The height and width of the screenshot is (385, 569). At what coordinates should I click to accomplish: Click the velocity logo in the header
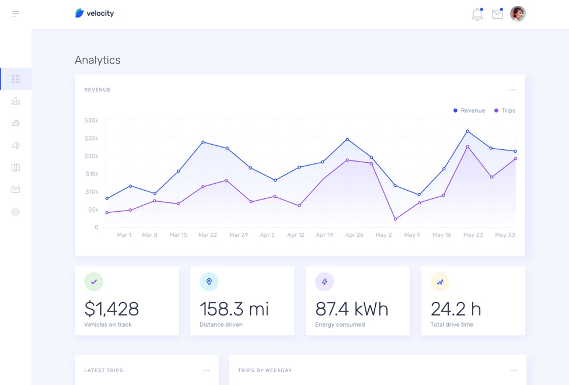95,13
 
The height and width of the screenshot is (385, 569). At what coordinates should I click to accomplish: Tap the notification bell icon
477,15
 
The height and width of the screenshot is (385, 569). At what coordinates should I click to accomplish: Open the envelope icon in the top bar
497,15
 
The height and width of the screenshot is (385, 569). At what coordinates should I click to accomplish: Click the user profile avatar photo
518,13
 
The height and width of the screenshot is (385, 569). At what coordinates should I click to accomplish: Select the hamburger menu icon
16,13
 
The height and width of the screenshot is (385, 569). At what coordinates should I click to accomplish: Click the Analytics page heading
97,60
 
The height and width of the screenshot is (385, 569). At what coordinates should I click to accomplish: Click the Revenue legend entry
469,110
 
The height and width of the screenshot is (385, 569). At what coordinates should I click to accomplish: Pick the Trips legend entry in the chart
505,110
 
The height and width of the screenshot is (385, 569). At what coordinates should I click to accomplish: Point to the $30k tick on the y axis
92,120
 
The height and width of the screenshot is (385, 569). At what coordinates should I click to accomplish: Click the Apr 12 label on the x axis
296,235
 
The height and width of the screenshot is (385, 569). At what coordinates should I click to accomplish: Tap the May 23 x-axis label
473,235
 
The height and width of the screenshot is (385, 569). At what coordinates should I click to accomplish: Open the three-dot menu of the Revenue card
512,90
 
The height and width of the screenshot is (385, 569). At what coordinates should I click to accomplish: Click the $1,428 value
111,309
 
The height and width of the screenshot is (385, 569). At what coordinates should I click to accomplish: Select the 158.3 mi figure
234,309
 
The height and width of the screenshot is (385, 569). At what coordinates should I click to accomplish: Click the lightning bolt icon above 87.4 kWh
324,282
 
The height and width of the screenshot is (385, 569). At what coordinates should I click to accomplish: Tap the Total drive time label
452,324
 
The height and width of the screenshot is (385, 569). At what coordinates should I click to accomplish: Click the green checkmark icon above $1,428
93,282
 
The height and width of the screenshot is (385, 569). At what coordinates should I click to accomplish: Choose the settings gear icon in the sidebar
16,212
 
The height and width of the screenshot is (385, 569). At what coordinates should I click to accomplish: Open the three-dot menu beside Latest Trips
206,370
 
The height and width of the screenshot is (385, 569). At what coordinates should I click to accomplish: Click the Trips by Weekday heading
265,370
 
